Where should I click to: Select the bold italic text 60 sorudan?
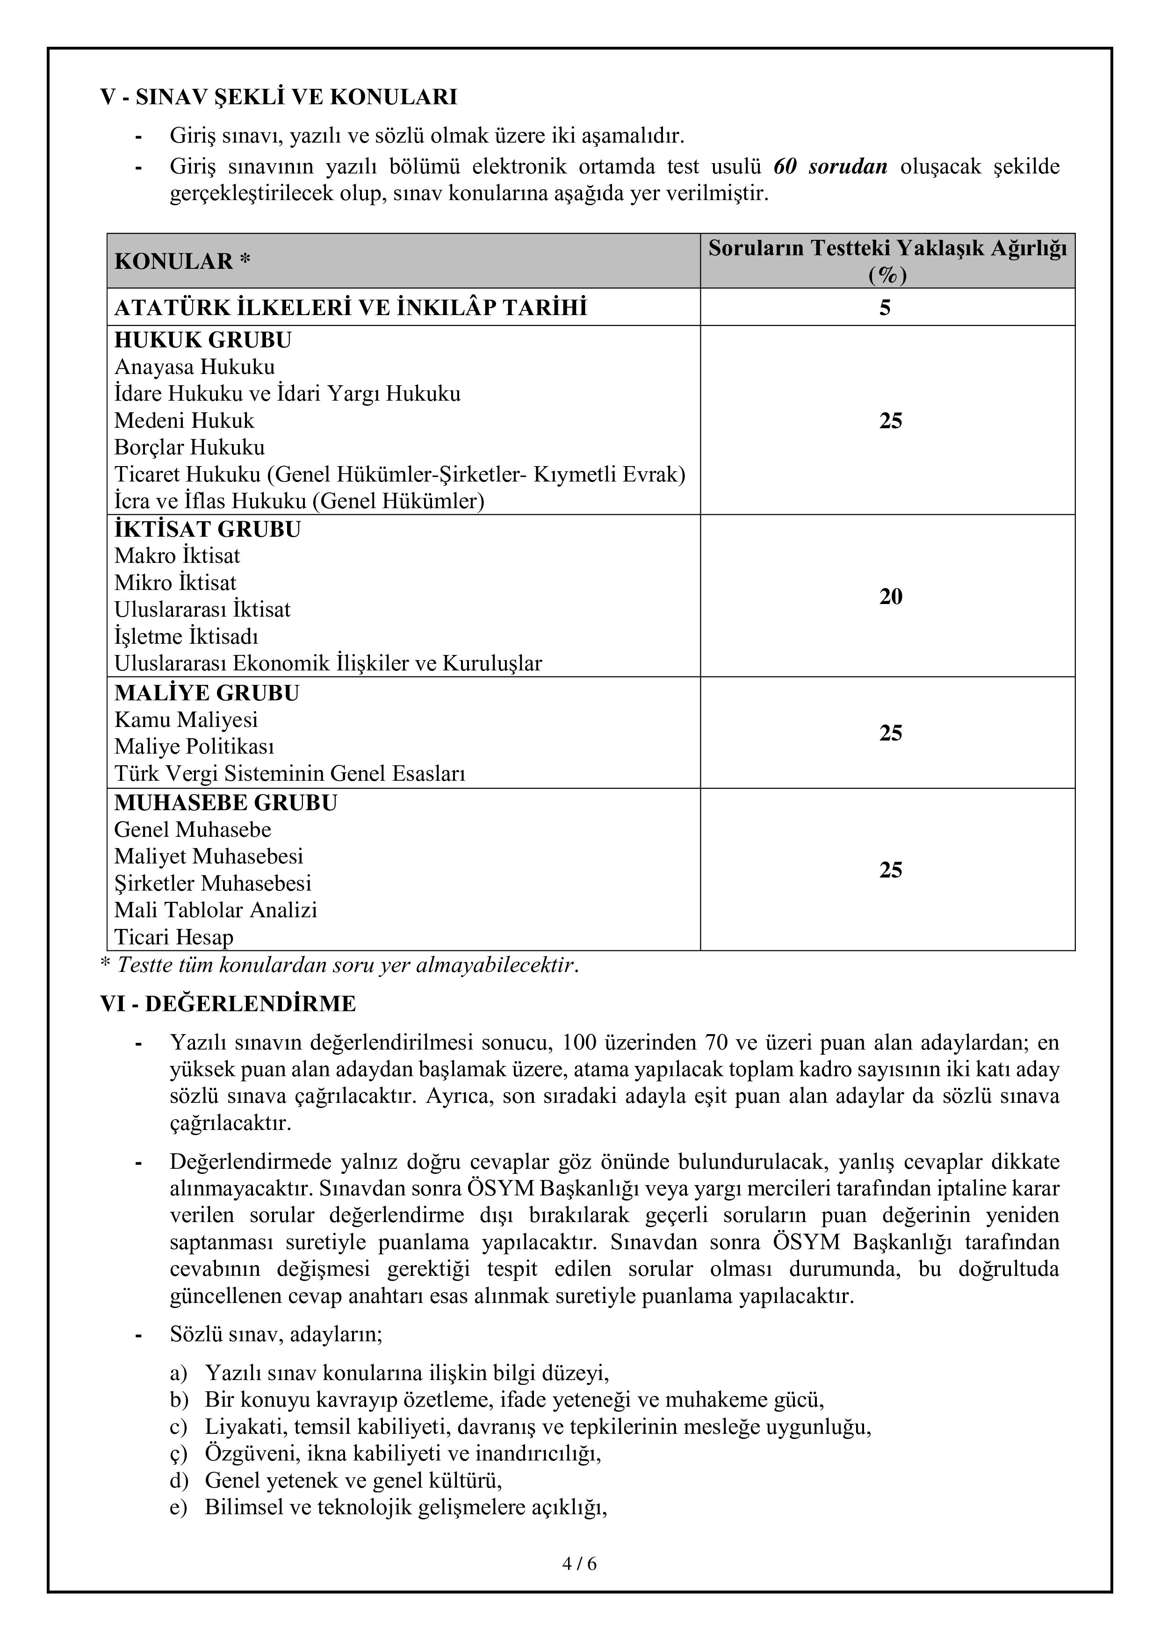pyautogui.click(x=830, y=166)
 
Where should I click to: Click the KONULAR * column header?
pyautogui.click(x=182, y=261)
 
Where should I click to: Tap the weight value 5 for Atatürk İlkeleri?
pyautogui.click(x=885, y=308)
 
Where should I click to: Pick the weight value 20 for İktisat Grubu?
pyautogui.click(x=890, y=597)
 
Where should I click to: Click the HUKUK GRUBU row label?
pyautogui.click(x=203, y=340)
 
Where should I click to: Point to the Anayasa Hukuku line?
pyautogui.click(x=195, y=367)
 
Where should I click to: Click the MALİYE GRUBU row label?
pyautogui.click(x=207, y=693)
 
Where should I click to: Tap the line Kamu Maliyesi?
pyautogui.click(x=186, y=720)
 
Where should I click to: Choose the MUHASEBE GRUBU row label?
pyautogui.click(x=226, y=803)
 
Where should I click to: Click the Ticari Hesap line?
pyautogui.click(x=173, y=937)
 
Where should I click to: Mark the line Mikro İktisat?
pyautogui.click(x=175, y=583)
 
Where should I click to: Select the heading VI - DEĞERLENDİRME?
pyautogui.click(x=228, y=1004)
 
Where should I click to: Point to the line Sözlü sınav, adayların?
pyautogui.click(x=276, y=1334)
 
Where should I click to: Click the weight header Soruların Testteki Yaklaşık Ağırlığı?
pyautogui.click(x=887, y=249)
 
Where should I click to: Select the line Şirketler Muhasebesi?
pyautogui.click(x=213, y=884)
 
